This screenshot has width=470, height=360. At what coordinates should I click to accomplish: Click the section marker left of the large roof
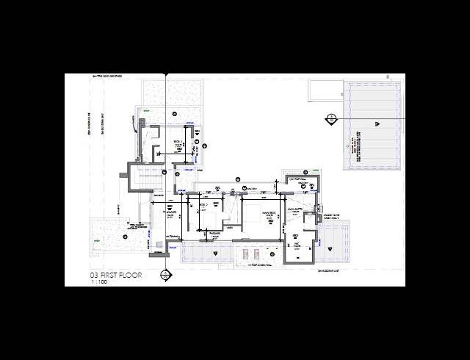pyautogui.click(x=331, y=118)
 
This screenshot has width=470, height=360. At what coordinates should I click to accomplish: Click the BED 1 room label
pyautogui.click(x=176, y=145)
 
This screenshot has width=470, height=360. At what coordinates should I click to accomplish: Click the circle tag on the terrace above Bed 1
pyautogui.click(x=175, y=113)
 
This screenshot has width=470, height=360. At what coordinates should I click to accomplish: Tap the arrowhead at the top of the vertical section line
pyautogui.click(x=166, y=75)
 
